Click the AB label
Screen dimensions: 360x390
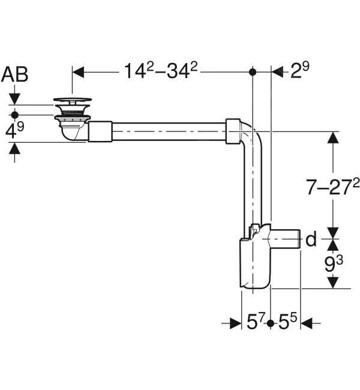pyautogui.click(x=14, y=74)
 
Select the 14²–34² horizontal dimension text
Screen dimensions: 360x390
pyautogui.click(x=160, y=71)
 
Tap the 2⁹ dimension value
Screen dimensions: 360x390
pyautogui.click(x=299, y=70)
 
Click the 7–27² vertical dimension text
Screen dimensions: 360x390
pyautogui.click(x=332, y=187)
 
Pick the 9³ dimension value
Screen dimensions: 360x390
pyautogui.click(x=334, y=263)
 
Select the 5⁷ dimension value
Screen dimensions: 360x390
pyautogui.click(x=255, y=322)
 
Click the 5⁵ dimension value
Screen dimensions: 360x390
pyautogui.click(x=287, y=322)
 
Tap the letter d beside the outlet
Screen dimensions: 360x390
pyautogui.click(x=311, y=239)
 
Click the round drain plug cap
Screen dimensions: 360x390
pyautogui.click(x=73, y=100)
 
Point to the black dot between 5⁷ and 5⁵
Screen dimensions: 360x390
pyautogui.click(x=271, y=323)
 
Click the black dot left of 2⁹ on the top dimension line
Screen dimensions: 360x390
pyautogui.click(x=253, y=72)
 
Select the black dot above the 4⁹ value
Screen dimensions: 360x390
pyautogui.click(x=15, y=115)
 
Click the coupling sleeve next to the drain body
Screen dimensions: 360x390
pyautogui.click(x=100, y=131)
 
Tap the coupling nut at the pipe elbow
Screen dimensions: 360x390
pyautogui.click(x=233, y=131)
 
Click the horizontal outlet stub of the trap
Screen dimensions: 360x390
pyautogui.click(x=286, y=239)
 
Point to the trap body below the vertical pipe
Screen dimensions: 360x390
pyautogui.click(x=255, y=263)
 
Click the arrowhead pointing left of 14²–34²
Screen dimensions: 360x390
pyautogui.click(x=79, y=72)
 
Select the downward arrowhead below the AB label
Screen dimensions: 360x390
pyautogui.click(x=14, y=99)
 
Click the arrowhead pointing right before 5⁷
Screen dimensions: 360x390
pyautogui.click(x=236, y=323)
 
